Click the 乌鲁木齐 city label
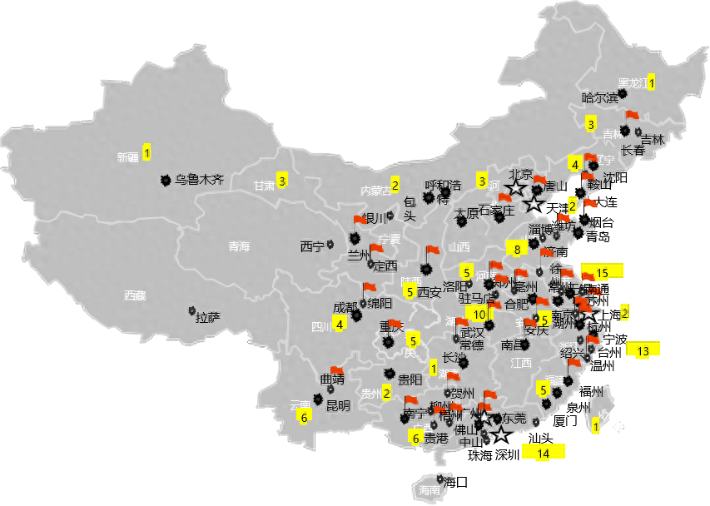point(199,179)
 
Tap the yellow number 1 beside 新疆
point(146,153)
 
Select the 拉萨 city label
point(207,317)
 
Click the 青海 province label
point(239,246)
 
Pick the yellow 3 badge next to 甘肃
point(282,181)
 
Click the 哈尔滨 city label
point(599,98)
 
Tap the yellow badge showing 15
point(602,272)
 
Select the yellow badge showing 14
point(544,453)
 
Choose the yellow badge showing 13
point(643,351)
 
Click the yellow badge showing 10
point(479,314)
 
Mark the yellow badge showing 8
point(516,248)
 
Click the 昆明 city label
point(338,406)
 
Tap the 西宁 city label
point(311,246)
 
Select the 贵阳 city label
point(410,379)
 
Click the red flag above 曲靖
point(336,370)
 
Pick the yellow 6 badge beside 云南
point(305,417)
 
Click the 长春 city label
point(633,151)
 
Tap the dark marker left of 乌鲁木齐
point(165,179)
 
